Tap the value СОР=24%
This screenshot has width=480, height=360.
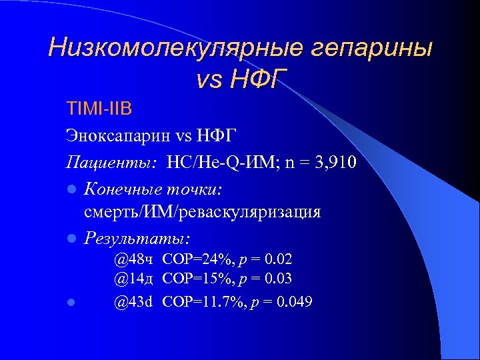pos(191,258)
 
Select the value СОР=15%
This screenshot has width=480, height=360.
pos(191,278)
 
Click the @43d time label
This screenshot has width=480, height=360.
pos(133,301)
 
